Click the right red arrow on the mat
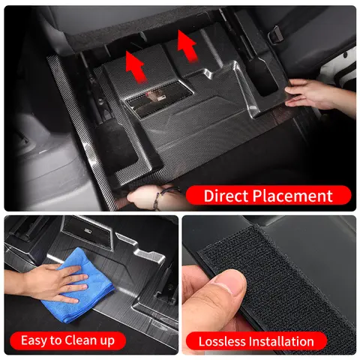(x=186, y=42)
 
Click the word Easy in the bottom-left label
(x=34, y=340)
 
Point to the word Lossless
(x=223, y=341)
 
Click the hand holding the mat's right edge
(x=315, y=94)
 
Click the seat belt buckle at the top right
(x=274, y=32)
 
